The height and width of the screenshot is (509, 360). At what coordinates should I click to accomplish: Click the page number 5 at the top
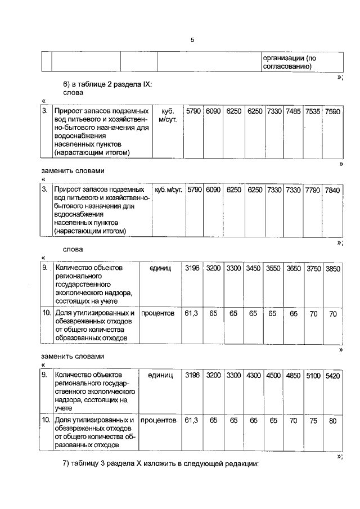click(x=192, y=40)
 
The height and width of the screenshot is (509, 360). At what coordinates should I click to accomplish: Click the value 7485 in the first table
click(x=293, y=111)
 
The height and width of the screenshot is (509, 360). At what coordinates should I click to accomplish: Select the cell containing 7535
click(x=313, y=111)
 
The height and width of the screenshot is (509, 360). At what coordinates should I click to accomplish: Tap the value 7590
click(x=332, y=111)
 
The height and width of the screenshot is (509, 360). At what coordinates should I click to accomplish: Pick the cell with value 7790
click(x=313, y=191)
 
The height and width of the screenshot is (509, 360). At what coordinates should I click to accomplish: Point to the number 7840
click(x=332, y=191)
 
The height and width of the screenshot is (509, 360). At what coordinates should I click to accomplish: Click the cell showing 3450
click(x=253, y=269)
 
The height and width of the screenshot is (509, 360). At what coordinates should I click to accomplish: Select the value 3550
click(x=273, y=269)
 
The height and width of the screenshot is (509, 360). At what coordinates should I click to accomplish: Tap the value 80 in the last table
click(x=333, y=420)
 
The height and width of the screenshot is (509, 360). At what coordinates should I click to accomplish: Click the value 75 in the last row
click(x=313, y=420)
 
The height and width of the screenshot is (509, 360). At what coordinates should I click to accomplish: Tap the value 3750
click(x=313, y=269)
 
